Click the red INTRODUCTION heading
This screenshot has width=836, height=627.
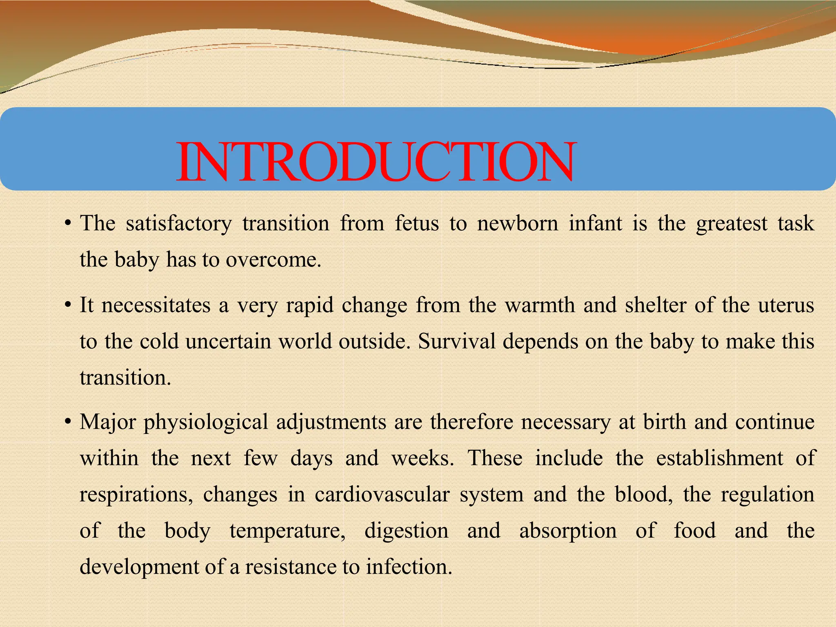pos(376,162)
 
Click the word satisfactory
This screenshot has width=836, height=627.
pos(178,224)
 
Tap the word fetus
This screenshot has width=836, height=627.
pos(416,224)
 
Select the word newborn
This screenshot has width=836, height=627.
pos(517,224)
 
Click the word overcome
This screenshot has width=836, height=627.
pos(273,260)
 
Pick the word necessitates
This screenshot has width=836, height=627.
pos(156,305)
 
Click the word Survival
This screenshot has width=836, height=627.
pos(456,341)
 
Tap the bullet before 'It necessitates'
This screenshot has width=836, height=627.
pos(68,306)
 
